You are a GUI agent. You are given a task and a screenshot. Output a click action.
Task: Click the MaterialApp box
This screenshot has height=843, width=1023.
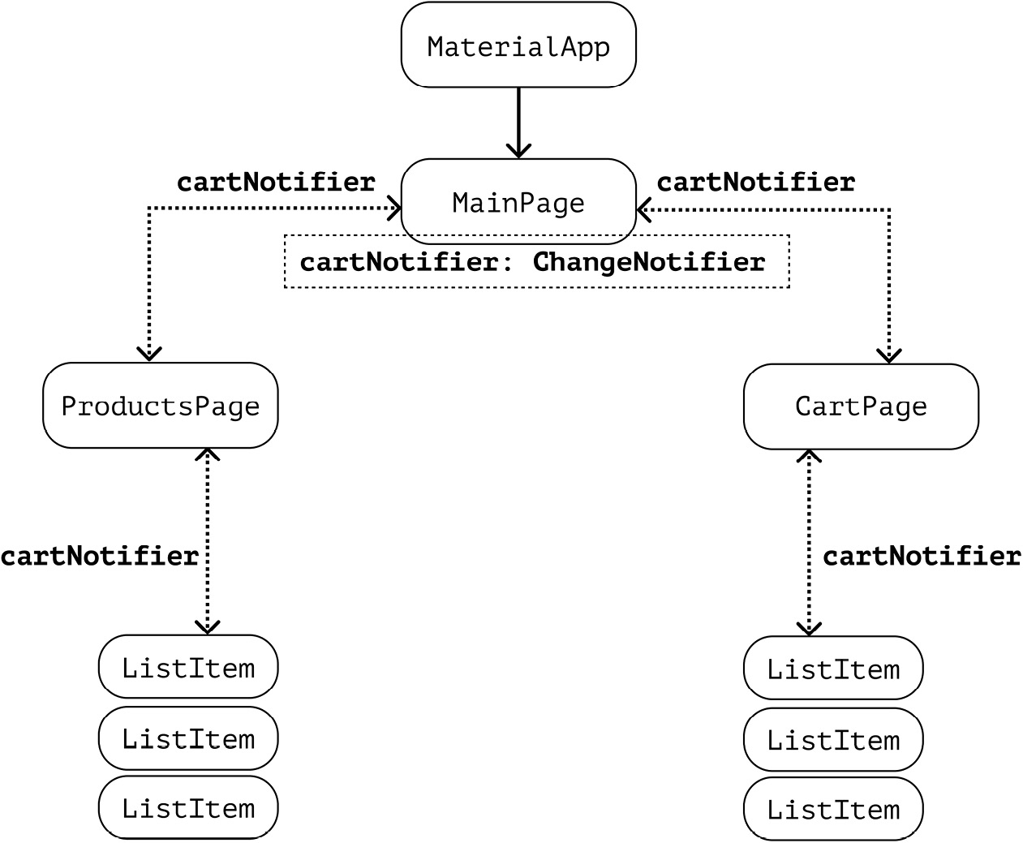pyautogui.click(x=518, y=45)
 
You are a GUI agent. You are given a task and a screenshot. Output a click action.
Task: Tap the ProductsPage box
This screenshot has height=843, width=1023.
pyautogui.click(x=160, y=405)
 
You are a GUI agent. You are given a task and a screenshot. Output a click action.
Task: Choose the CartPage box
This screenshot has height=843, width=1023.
pyautogui.click(x=861, y=406)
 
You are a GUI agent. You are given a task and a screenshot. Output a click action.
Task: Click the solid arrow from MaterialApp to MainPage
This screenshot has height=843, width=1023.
pyautogui.click(x=518, y=122)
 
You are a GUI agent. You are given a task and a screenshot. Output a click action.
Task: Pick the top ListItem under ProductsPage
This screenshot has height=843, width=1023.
pyautogui.click(x=188, y=667)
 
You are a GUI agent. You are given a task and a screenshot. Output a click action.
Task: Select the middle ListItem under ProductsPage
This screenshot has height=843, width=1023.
pyautogui.click(x=188, y=738)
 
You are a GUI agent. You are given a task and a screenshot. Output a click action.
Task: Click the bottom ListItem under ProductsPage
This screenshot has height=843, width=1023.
pyautogui.click(x=188, y=807)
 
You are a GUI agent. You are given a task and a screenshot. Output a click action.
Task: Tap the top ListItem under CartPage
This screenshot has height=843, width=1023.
pyautogui.click(x=833, y=669)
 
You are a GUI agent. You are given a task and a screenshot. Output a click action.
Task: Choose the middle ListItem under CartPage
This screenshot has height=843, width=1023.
pyautogui.click(x=833, y=740)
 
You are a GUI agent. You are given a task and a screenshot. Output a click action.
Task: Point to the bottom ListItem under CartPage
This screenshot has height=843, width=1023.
pyautogui.click(x=833, y=809)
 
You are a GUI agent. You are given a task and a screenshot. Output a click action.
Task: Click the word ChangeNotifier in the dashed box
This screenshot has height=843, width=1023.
pyautogui.click(x=648, y=262)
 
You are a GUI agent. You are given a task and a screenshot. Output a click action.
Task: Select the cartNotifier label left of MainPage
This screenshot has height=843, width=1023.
pyautogui.click(x=276, y=182)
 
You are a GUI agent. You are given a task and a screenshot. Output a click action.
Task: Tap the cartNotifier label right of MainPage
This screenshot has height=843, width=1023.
pyautogui.click(x=755, y=182)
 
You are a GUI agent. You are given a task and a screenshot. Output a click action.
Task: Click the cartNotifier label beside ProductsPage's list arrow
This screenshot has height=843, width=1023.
pyautogui.click(x=99, y=556)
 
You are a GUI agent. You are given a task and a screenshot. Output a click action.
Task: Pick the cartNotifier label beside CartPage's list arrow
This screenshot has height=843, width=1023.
pyautogui.click(x=922, y=556)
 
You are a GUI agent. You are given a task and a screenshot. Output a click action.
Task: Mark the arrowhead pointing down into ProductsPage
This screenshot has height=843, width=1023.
pyautogui.click(x=149, y=354)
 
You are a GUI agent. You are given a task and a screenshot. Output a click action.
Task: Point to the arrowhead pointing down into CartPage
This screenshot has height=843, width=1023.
pyautogui.click(x=890, y=355)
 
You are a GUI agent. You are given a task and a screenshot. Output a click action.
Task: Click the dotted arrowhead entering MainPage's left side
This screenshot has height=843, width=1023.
pyautogui.click(x=395, y=209)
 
